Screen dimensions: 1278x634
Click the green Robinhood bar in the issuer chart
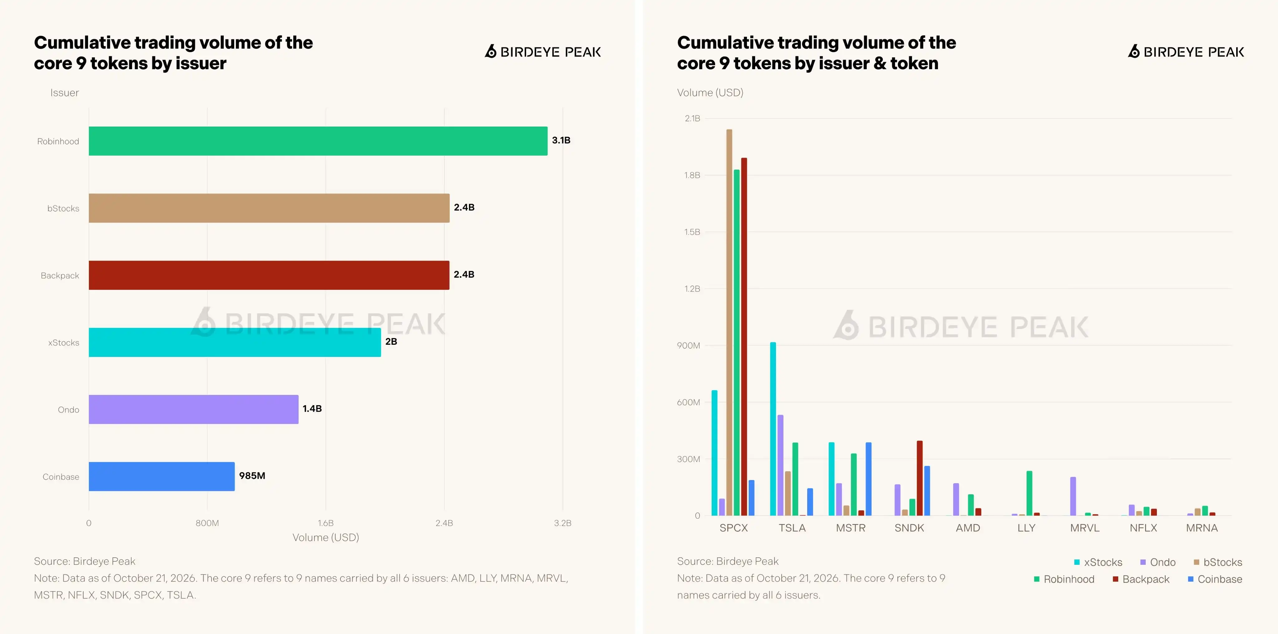point(318,141)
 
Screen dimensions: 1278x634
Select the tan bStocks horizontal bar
point(269,208)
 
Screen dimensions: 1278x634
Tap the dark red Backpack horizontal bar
point(269,275)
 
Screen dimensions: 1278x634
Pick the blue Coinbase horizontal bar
point(162,476)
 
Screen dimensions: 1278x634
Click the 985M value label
point(252,476)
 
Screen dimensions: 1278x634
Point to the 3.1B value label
point(561,140)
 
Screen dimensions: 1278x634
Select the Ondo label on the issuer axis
point(68,410)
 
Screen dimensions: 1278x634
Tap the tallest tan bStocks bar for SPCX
point(729,323)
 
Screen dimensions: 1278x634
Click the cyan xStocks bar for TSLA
point(773,429)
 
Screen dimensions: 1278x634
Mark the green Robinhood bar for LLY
point(1029,493)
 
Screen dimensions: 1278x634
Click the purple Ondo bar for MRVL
point(1073,496)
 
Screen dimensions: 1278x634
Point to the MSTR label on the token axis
point(851,528)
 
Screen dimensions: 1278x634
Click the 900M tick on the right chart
point(689,345)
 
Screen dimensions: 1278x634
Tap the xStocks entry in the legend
point(1098,562)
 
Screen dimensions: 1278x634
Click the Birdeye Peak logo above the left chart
point(543,51)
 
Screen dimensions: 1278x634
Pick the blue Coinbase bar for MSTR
point(869,479)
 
